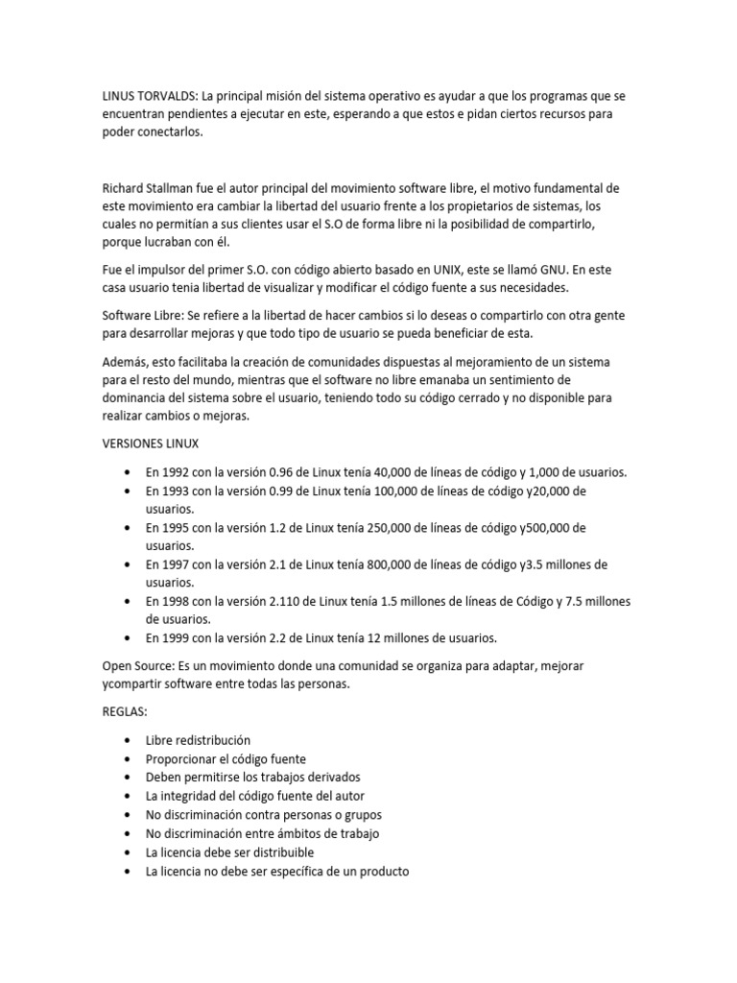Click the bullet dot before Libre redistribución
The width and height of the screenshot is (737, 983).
tap(129, 741)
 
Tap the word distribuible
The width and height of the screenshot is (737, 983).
tap(279, 851)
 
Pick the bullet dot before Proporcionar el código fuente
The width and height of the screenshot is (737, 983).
tap(129, 759)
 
